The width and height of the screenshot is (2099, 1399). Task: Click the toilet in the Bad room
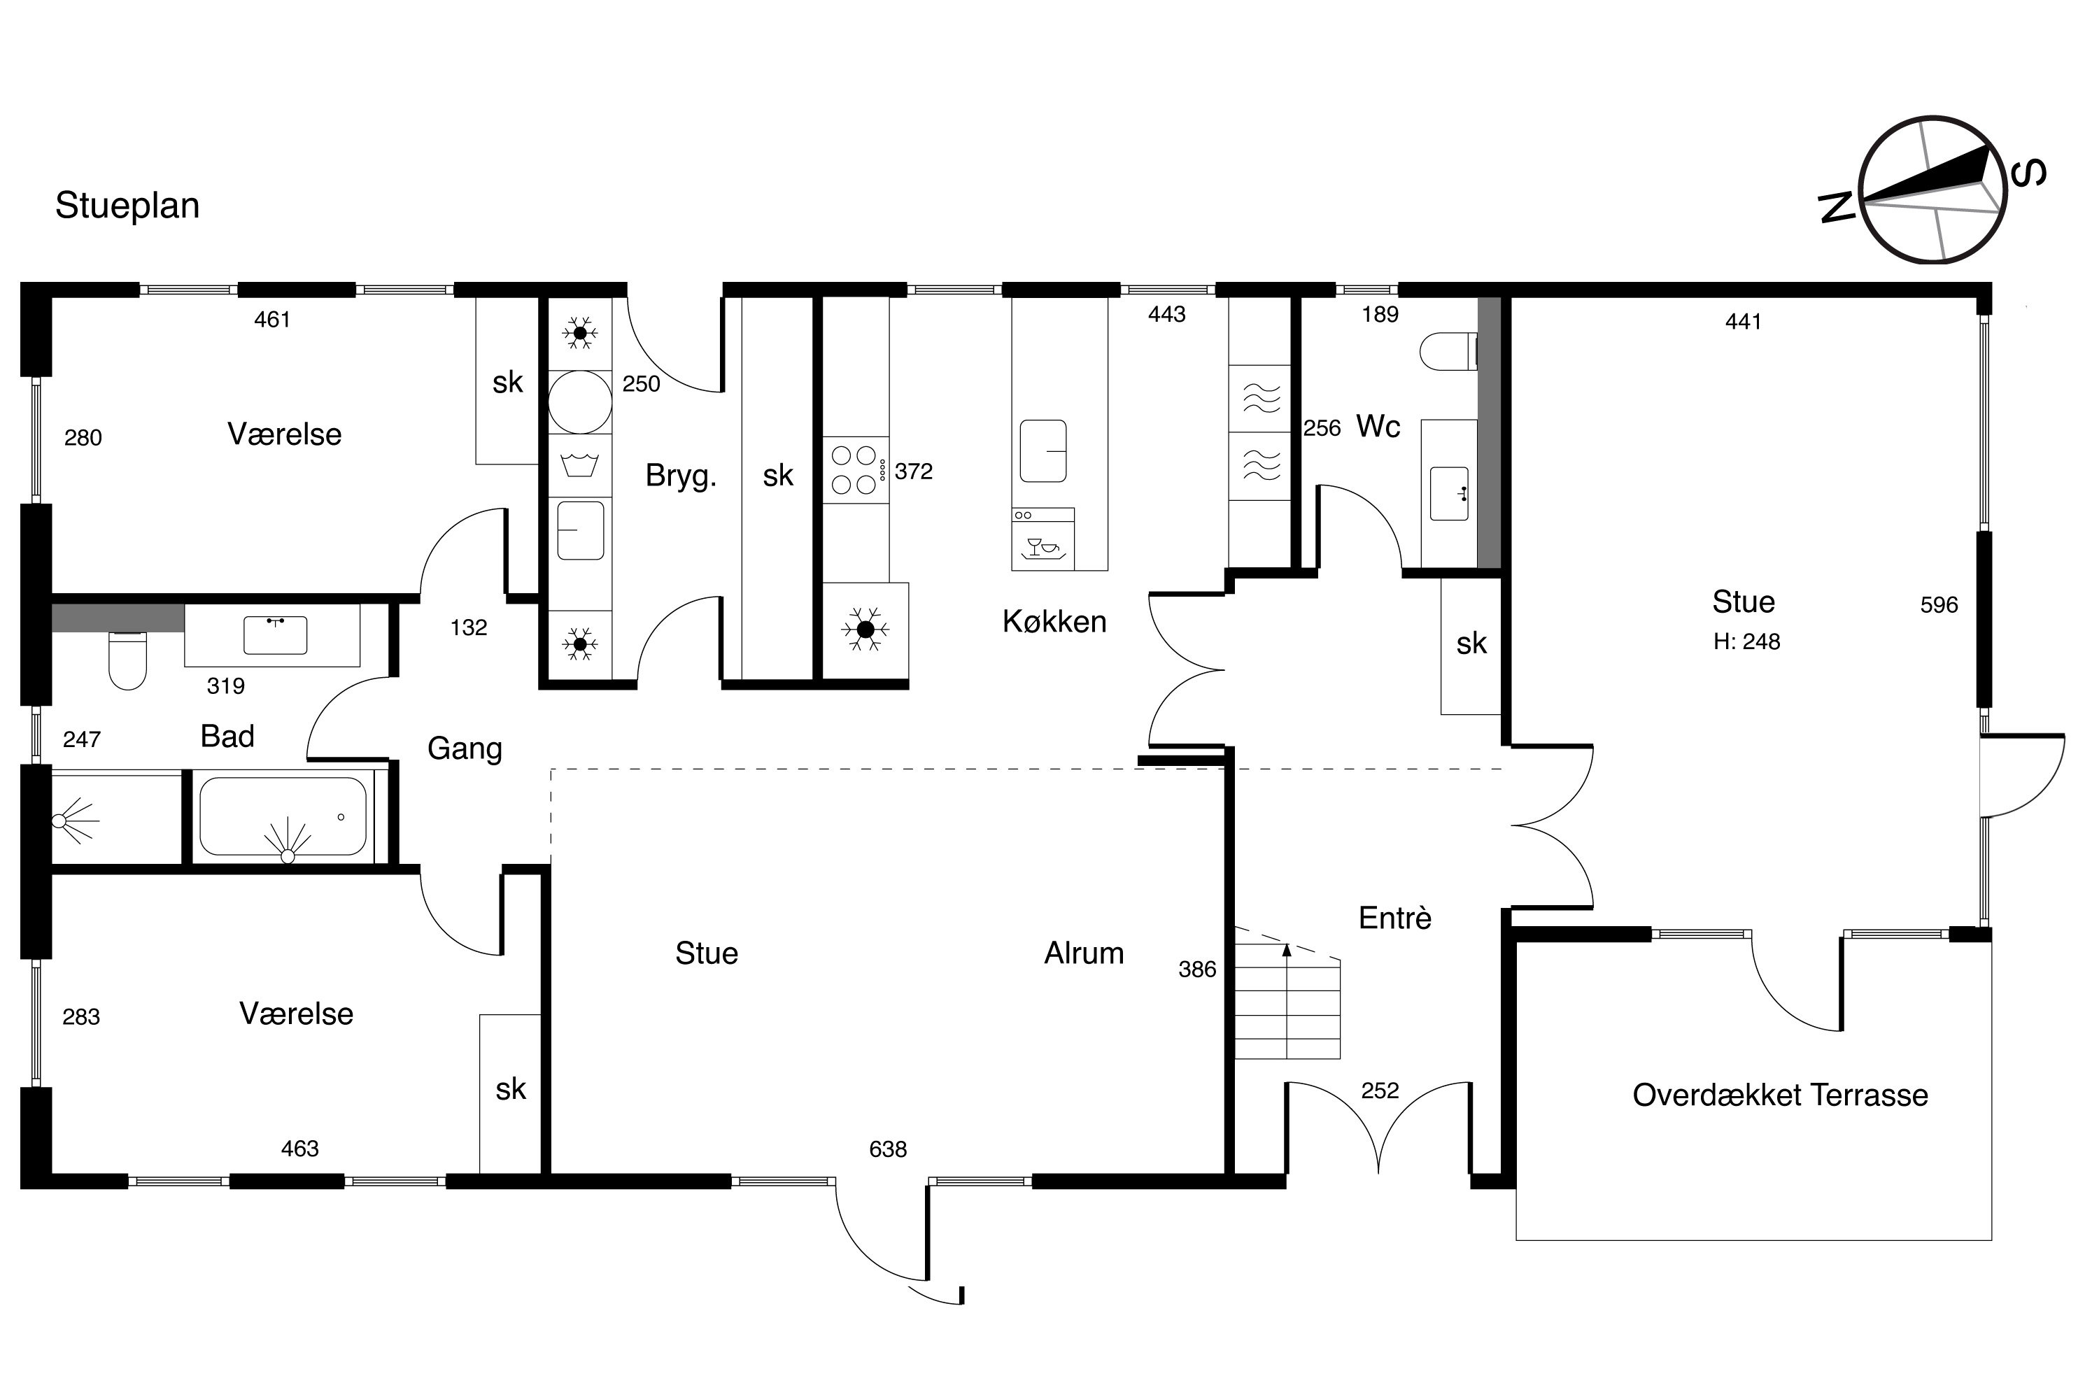pos(127,660)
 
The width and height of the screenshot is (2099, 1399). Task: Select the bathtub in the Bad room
pos(283,817)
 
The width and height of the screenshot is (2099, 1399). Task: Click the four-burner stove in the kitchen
pos(855,470)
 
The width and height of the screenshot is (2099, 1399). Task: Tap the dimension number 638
pos(888,1149)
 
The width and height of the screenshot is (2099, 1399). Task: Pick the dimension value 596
pos(1939,605)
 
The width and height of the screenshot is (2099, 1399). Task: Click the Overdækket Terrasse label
pos(1781,1095)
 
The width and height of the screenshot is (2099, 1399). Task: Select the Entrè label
pos(1395,917)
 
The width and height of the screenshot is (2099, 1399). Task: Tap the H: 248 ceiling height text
pos(1746,641)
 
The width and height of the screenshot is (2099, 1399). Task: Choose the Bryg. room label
pos(681,476)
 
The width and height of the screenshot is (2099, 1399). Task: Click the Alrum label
pos(1084,953)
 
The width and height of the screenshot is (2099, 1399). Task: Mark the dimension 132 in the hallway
pos(469,627)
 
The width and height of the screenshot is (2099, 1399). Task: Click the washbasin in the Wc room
pos(1449,493)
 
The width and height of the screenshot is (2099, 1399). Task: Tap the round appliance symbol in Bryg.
pos(580,402)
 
